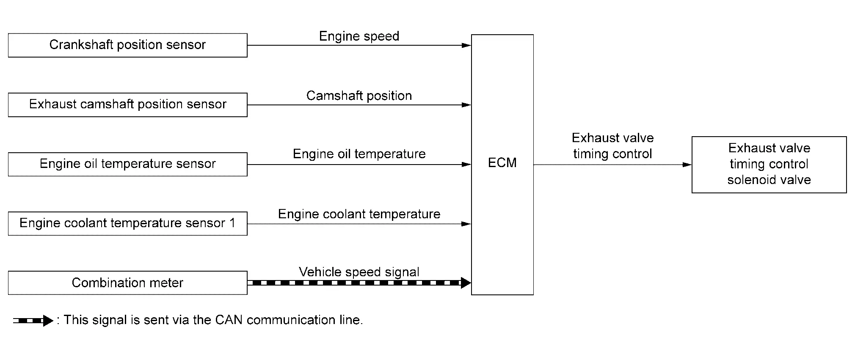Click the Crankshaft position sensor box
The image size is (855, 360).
click(x=127, y=45)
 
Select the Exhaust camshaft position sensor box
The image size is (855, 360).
click(x=127, y=104)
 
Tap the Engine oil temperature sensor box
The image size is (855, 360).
click(x=127, y=164)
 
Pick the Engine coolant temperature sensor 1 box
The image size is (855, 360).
click(x=127, y=223)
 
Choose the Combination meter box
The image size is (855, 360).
click(x=127, y=283)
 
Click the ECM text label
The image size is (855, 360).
click(x=502, y=163)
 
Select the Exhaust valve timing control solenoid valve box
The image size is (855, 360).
click(x=769, y=164)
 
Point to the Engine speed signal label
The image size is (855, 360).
click(x=359, y=36)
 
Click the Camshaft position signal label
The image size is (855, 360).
click(x=359, y=96)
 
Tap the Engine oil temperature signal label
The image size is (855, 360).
click(x=359, y=154)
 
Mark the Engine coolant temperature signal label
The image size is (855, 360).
click(x=359, y=214)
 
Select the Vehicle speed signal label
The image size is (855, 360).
click(x=359, y=272)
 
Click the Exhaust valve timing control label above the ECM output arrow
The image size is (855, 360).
click(x=612, y=146)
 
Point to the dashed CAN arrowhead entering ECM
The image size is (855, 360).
click(x=465, y=283)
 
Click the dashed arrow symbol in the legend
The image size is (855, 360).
click(x=33, y=321)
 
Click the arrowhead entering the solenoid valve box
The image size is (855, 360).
click(x=687, y=165)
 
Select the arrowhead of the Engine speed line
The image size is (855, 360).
click(x=466, y=45)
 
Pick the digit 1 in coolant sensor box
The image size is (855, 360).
click(x=232, y=223)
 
